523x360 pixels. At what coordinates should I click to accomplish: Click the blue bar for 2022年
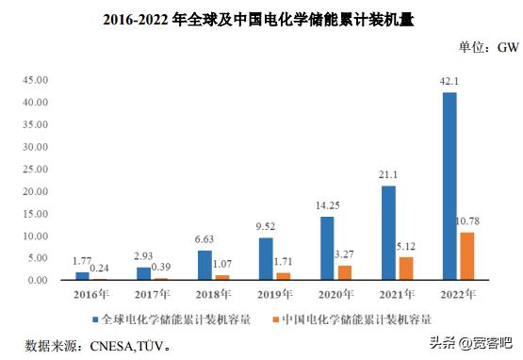tap(449, 186)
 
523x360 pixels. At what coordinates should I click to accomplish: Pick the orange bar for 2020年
tap(346, 272)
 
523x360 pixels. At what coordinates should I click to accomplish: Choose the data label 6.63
tap(204, 241)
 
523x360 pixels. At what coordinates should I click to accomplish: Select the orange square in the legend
tap(276, 319)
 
